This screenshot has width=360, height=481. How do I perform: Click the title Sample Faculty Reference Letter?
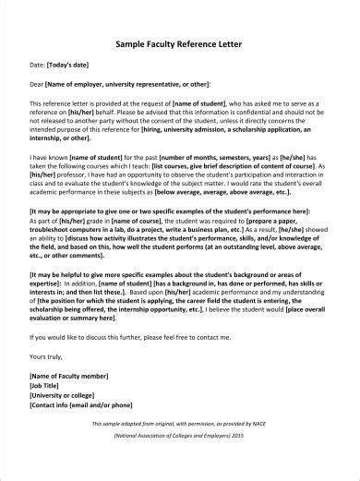(x=179, y=42)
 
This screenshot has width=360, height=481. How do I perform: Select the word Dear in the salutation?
(x=38, y=83)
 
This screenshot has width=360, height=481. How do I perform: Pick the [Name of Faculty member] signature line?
(x=70, y=377)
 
